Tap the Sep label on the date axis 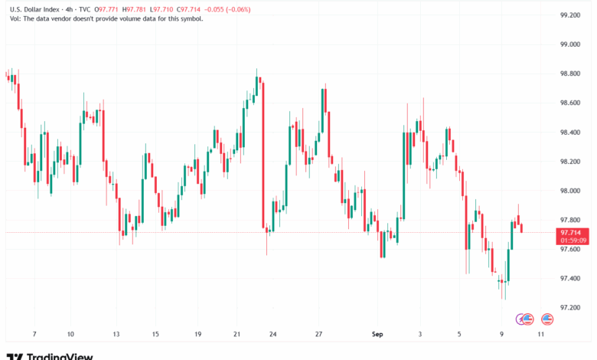click(x=376, y=334)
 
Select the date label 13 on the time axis click(x=117, y=334)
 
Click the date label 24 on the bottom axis click(x=272, y=334)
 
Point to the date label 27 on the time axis click(x=319, y=334)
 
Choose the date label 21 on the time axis click(x=237, y=334)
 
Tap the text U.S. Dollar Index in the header click(x=34, y=9)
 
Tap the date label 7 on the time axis click(x=34, y=334)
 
